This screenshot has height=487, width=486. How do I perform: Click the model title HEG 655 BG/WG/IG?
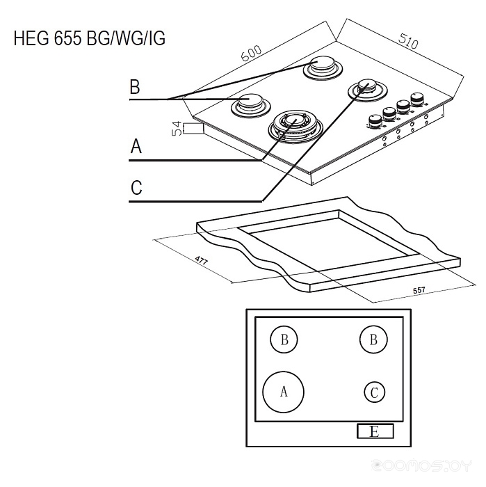pyautogui.click(x=89, y=38)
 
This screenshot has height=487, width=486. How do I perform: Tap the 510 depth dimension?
pyautogui.click(x=408, y=40)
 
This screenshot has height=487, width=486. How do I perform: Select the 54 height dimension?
pyautogui.click(x=177, y=128)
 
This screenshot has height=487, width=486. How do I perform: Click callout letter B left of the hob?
pyautogui.click(x=135, y=88)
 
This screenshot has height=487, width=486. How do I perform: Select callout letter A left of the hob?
pyautogui.click(x=136, y=147)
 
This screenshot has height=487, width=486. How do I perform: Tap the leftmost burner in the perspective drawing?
pyautogui.click(x=248, y=104)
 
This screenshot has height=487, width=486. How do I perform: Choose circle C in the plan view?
pyautogui.click(x=374, y=392)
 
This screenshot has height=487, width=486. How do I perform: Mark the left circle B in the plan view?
pyautogui.click(x=284, y=340)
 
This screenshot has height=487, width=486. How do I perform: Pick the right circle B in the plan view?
pyautogui.click(x=373, y=340)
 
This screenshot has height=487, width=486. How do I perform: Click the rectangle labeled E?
pyautogui.click(x=375, y=432)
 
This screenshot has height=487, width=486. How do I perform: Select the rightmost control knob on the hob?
pyautogui.click(x=417, y=98)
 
